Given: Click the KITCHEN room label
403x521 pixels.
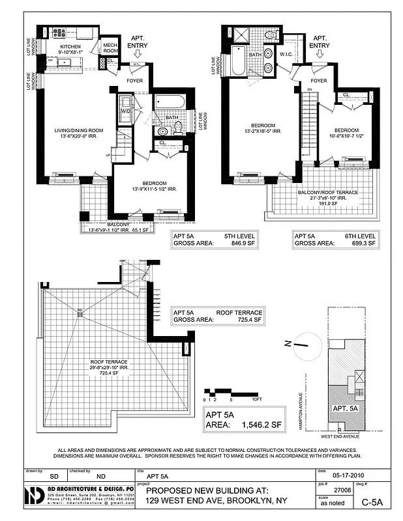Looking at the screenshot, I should click(x=70, y=47).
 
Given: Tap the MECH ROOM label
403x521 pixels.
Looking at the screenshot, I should click(x=111, y=48).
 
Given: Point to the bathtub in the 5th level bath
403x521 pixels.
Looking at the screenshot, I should click(x=170, y=102).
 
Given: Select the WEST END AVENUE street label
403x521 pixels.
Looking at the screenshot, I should click(x=342, y=437).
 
